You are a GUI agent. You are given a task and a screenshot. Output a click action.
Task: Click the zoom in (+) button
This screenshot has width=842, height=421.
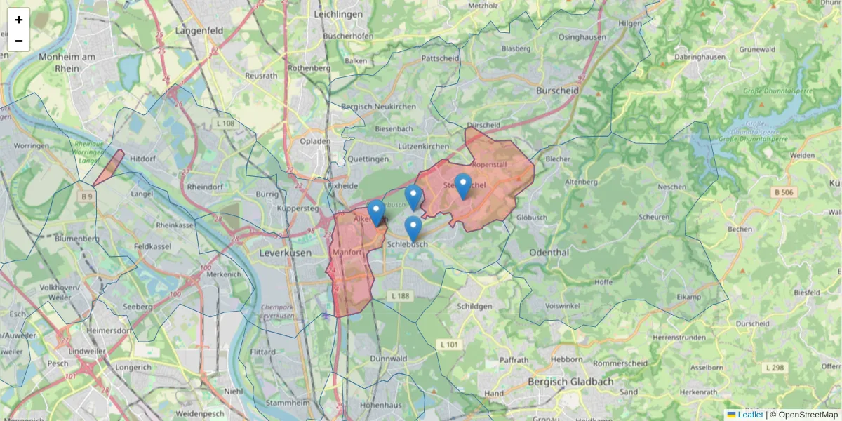(19, 20)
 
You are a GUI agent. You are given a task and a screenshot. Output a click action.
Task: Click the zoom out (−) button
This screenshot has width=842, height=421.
(19, 41)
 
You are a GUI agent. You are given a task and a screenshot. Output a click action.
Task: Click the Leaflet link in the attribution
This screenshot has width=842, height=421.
(749, 415)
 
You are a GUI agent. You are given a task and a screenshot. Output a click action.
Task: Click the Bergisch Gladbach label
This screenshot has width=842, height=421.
(570, 382)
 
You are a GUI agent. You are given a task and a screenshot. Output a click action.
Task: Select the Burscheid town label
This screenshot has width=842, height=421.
(557, 91)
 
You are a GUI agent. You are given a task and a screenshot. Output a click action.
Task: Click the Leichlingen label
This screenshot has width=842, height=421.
(339, 14)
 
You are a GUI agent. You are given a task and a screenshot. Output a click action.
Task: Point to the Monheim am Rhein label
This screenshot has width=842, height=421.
(68, 62)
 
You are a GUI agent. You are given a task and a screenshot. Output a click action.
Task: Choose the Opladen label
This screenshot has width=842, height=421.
(315, 141)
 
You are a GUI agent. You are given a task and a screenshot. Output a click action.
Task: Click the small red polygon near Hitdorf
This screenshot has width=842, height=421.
(109, 168)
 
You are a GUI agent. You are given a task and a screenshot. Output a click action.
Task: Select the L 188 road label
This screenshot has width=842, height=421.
(400, 297)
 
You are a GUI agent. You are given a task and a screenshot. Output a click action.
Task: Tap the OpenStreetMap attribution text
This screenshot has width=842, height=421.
(808, 415)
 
